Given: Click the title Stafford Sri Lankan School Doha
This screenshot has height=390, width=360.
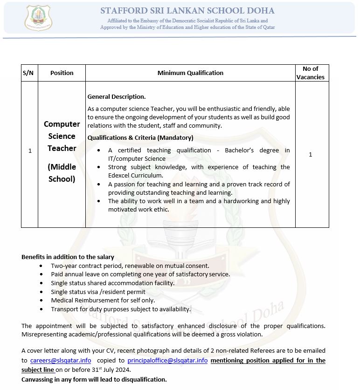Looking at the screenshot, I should [187, 11].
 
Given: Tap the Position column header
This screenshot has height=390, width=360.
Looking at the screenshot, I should [62, 73].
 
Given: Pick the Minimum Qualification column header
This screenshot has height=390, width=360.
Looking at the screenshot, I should [190, 73].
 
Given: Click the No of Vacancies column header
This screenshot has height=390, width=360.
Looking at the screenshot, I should [311, 73].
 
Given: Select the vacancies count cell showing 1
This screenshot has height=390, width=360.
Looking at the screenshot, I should [311, 155].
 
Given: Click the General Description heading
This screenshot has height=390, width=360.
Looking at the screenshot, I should [117, 97].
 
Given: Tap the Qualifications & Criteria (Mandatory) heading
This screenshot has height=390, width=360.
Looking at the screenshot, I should [140, 138].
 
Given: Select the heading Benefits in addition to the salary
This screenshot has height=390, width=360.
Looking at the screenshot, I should [68, 257].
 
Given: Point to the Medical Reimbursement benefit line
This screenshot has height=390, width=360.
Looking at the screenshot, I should [103, 301].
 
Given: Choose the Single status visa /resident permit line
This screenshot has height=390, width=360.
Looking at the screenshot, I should [98, 292].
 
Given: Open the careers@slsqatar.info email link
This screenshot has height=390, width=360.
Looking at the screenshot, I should [61, 360].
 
